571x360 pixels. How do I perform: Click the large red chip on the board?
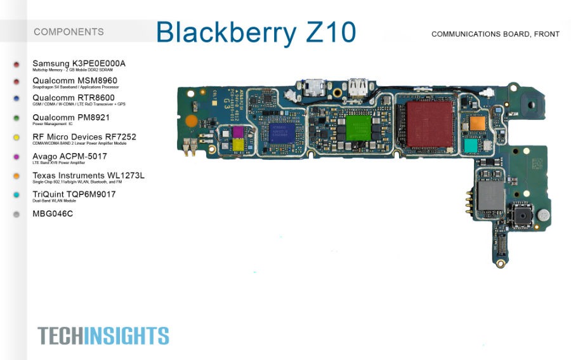430,124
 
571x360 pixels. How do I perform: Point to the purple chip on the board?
237,131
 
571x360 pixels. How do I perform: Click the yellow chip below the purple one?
239,146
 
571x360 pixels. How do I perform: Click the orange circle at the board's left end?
191,119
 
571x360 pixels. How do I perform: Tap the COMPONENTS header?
69,32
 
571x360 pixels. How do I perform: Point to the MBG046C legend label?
53,214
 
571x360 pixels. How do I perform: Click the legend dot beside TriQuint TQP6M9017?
16,196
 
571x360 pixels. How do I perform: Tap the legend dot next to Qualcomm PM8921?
16,119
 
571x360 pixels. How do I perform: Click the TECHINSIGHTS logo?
103,335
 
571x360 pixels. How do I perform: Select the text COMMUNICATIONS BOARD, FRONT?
495,34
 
